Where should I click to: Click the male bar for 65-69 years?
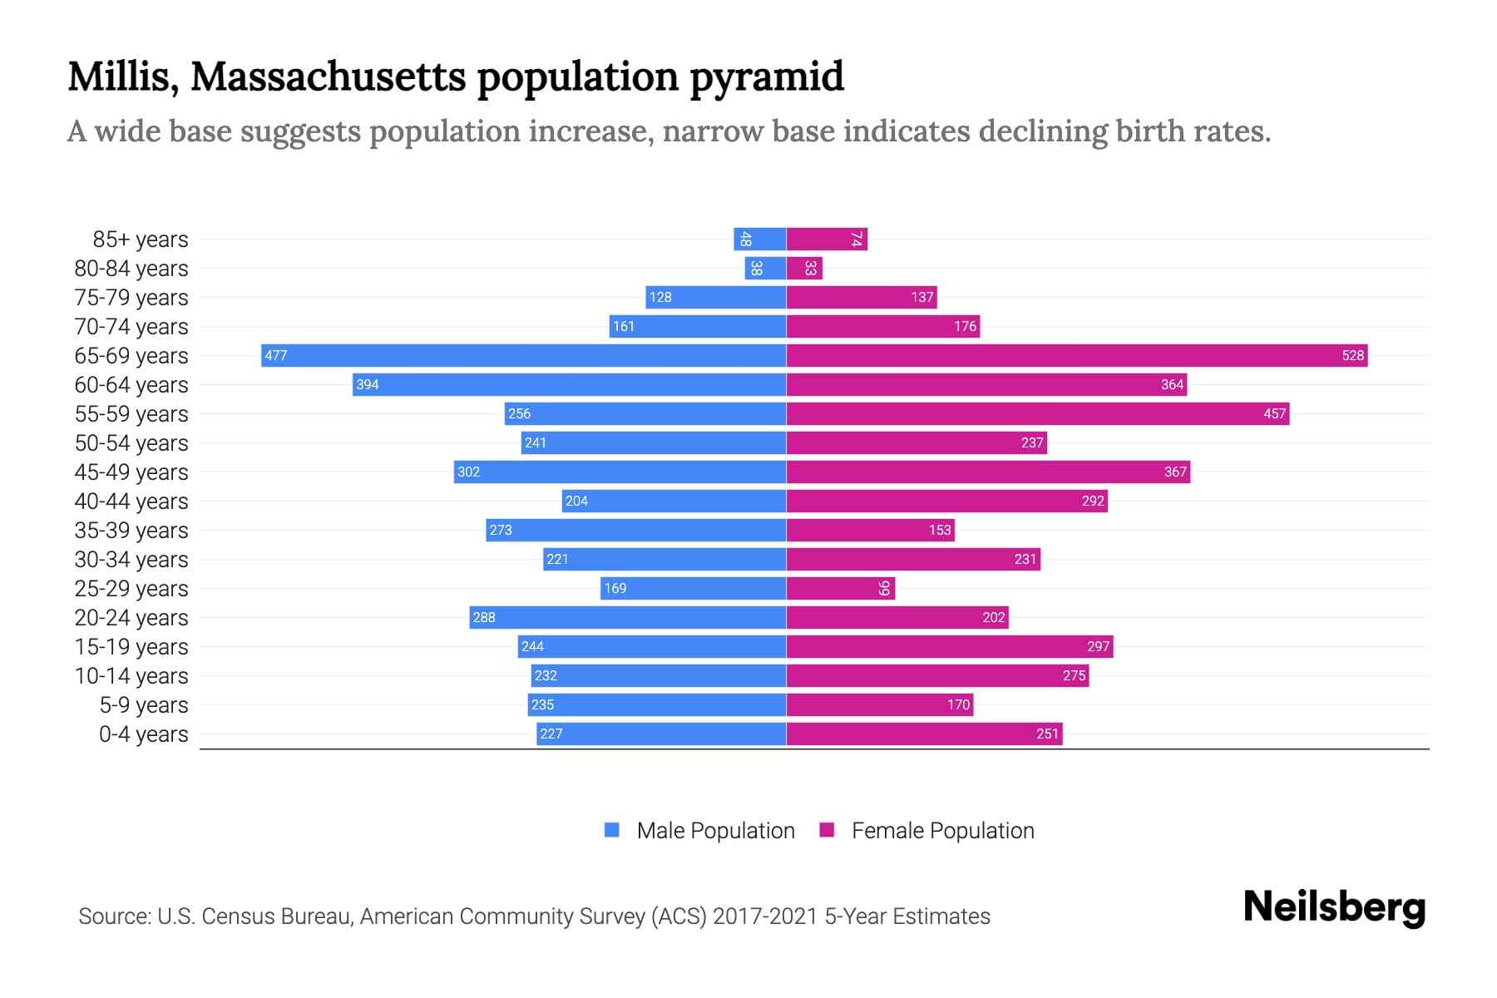pyautogui.click(x=524, y=355)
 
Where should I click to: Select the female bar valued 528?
pyautogui.click(x=1077, y=355)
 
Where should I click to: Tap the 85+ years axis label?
pyautogui.click(x=140, y=240)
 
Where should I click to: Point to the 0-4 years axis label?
pyautogui.click(x=143, y=734)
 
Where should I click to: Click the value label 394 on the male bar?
pyautogui.click(x=368, y=384)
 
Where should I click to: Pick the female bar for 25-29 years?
pyautogui.click(x=840, y=588)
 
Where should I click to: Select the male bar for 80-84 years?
pyautogui.click(x=765, y=268)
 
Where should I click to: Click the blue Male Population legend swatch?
pyautogui.click(x=612, y=830)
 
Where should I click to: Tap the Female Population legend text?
pyautogui.click(x=942, y=831)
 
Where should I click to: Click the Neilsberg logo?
pyautogui.click(x=1334, y=907)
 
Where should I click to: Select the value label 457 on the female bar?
pyautogui.click(x=1274, y=413)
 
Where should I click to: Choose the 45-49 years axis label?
pyautogui.click(x=131, y=472)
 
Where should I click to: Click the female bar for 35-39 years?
pyautogui.click(x=870, y=530)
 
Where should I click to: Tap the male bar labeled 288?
pyautogui.click(x=628, y=617)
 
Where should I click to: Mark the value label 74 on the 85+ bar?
pyautogui.click(x=856, y=240)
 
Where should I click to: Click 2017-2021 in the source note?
pyautogui.click(x=765, y=916)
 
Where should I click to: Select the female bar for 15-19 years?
pyautogui.click(x=950, y=646)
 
